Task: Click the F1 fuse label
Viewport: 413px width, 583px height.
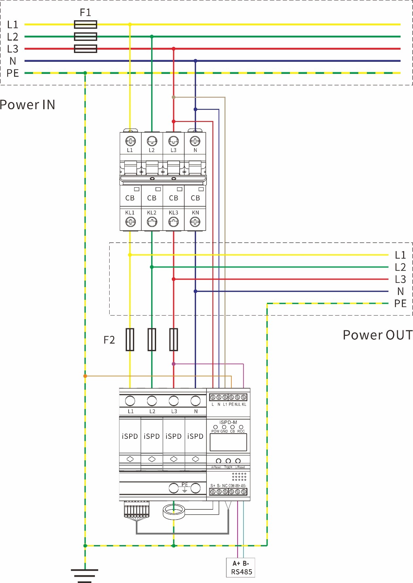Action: [x=85, y=12]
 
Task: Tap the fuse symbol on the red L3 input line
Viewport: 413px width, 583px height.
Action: [x=85, y=49]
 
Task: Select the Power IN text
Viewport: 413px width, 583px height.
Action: [x=27, y=105]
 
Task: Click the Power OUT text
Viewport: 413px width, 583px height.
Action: [x=378, y=335]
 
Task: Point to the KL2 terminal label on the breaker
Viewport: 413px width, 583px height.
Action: [x=152, y=213]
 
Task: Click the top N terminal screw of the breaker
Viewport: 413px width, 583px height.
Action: [x=195, y=141]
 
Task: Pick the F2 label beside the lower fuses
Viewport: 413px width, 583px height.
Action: [x=109, y=340]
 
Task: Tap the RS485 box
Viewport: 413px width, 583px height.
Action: [x=241, y=568]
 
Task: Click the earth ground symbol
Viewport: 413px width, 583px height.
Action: [x=84, y=575]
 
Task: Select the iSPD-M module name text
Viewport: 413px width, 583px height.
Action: [x=228, y=422]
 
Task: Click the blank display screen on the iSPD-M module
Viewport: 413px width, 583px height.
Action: [x=228, y=442]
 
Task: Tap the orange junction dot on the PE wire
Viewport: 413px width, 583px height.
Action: [x=85, y=376]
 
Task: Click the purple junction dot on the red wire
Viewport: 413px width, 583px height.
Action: [x=173, y=364]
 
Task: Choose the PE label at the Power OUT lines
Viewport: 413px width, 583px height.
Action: [x=400, y=303]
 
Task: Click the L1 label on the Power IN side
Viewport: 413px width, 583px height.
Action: [x=12, y=25]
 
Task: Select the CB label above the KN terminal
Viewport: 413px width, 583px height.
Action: [x=195, y=198]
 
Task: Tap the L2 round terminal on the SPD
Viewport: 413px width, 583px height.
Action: [x=152, y=401]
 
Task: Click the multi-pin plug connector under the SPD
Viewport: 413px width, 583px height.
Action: [x=136, y=509]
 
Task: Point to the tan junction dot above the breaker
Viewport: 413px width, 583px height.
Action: [x=173, y=97]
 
